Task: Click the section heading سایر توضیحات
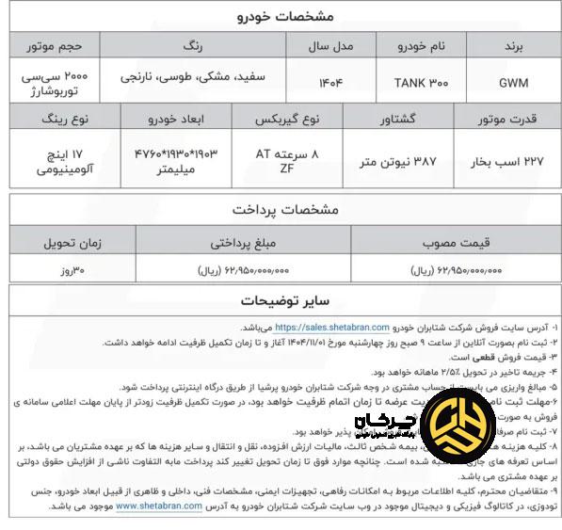[281, 301]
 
